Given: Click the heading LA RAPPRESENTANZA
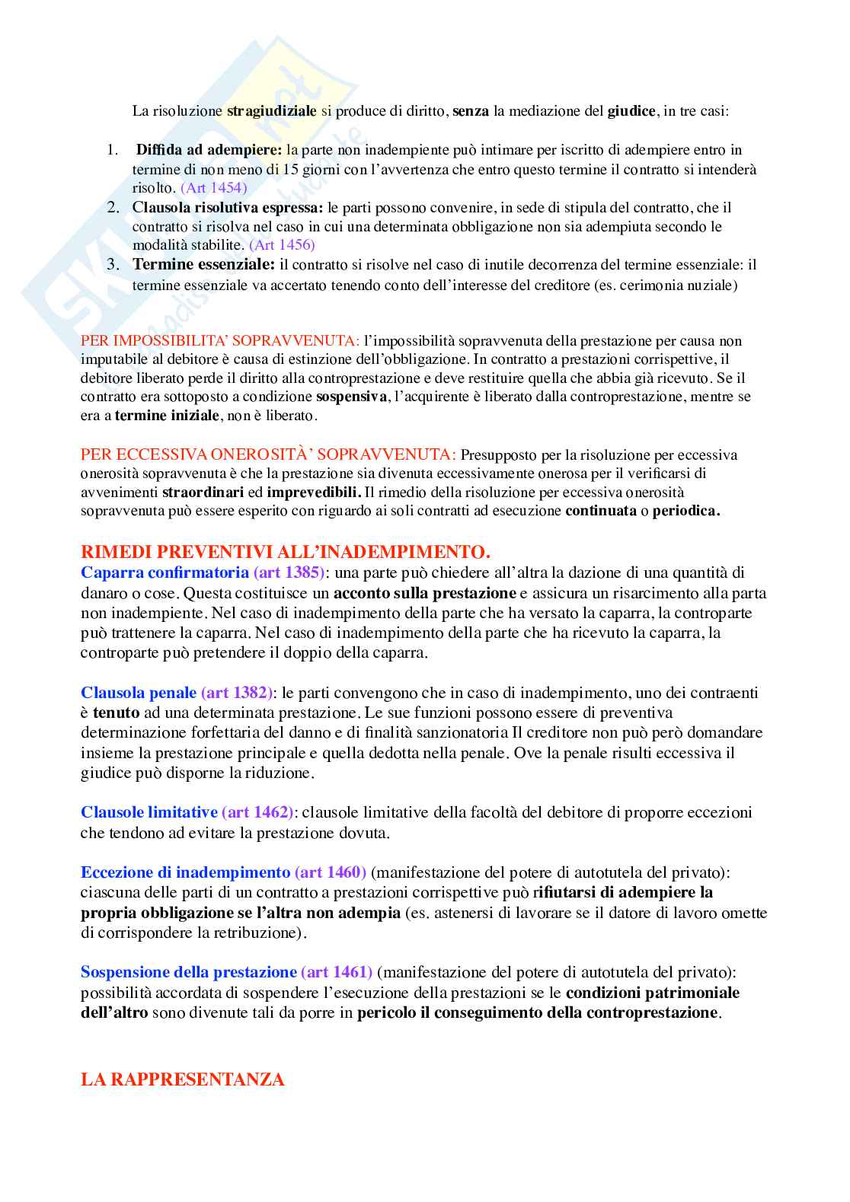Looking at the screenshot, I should [183, 1079].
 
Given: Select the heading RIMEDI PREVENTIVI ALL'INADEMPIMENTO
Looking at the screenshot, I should [286, 552].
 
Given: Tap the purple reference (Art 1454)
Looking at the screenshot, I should [213, 187].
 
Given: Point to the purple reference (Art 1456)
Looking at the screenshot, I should [282, 244].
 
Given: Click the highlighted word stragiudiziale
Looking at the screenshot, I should [271, 111].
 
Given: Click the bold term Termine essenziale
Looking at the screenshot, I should [203, 265].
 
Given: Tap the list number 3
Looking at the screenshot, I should [113, 265].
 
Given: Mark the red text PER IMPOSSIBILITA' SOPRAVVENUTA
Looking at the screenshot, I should [219, 341].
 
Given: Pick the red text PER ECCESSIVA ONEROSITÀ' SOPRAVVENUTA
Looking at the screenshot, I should [268, 455].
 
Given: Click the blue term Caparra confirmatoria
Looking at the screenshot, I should [165, 572].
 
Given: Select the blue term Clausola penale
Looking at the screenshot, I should [139, 693].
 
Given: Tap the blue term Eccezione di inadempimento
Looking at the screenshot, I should [185, 872].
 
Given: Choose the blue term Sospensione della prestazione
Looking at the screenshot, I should [188, 972].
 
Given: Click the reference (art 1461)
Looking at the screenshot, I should [337, 972].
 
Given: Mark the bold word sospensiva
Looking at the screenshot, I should [351, 397].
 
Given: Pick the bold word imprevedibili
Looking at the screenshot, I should [313, 493].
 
